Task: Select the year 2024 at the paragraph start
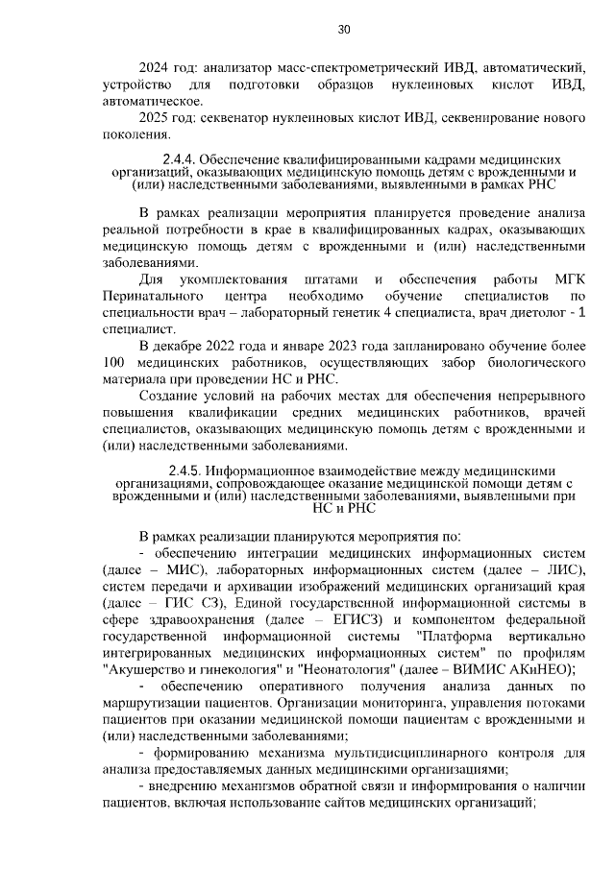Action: [x=156, y=68]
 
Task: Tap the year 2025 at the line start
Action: [x=156, y=117]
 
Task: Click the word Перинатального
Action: [x=150, y=296]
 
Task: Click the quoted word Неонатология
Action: [x=357, y=669]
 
